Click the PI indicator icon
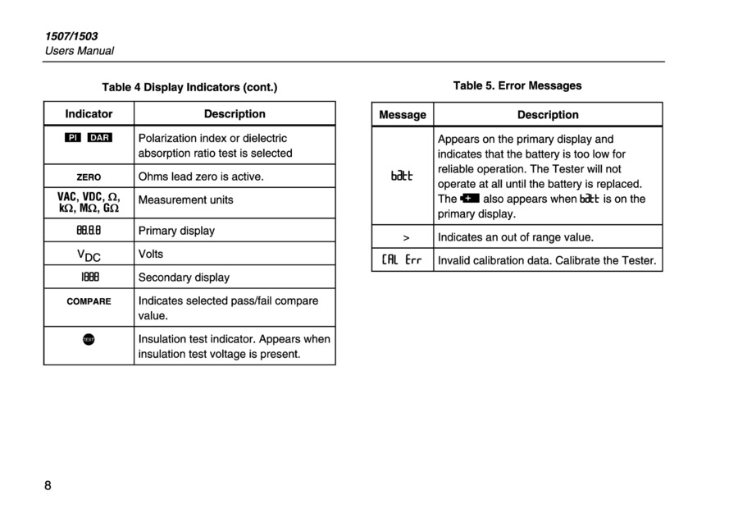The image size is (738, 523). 74,138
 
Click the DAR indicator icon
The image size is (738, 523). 100,138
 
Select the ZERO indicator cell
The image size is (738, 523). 89,177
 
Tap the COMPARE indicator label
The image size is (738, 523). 89,301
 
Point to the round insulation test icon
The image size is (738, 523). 89,339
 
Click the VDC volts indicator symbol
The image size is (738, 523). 89,255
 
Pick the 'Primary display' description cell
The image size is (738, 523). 176,231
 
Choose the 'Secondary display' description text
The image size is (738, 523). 184,278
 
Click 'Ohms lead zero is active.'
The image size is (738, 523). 201,177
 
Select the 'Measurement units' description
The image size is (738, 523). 185,200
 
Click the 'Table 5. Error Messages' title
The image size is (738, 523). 517,85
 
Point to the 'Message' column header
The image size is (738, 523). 403,115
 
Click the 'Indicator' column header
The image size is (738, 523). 89,114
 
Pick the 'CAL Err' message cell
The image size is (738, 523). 402,261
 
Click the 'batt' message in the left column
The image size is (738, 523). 402,176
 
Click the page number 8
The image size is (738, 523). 48,485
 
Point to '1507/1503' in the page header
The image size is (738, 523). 71,36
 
